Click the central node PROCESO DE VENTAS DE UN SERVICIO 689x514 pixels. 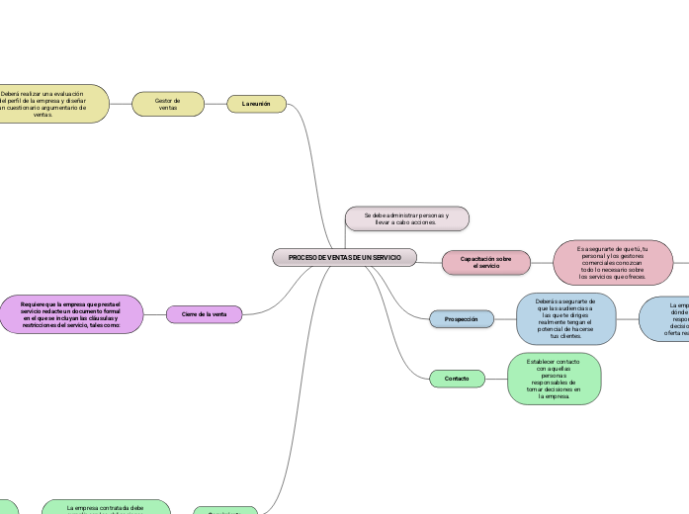coord(344,257)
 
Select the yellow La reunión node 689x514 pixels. coord(257,103)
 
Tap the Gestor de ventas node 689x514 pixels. coord(168,103)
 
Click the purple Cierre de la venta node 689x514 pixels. coord(204,314)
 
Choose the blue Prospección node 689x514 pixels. coord(461,319)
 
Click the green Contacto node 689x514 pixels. coord(457,379)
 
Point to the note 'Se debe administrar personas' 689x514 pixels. coord(406,218)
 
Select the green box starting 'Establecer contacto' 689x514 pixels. coord(554,379)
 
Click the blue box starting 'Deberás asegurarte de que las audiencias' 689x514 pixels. coord(565,319)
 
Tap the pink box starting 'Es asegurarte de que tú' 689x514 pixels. coord(613,262)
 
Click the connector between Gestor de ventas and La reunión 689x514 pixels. coord(215,103)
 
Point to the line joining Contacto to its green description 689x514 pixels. coord(495,379)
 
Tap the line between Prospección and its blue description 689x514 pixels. coord(504,319)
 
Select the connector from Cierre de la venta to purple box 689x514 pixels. coord(154,314)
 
